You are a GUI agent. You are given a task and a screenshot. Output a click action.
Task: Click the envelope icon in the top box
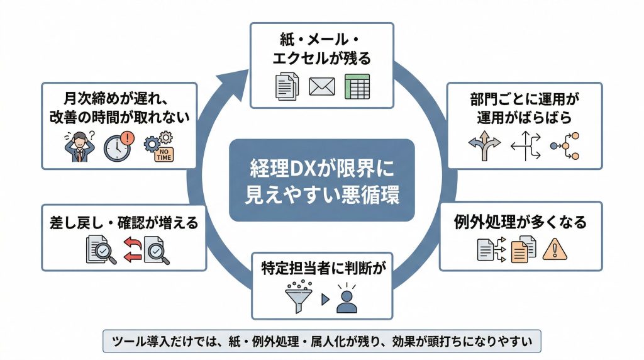point(321,87)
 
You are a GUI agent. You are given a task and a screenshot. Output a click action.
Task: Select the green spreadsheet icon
point(357,87)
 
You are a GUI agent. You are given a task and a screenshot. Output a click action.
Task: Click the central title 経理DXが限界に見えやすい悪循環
point(321,180)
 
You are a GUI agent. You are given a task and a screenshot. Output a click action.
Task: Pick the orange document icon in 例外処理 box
point(523,250)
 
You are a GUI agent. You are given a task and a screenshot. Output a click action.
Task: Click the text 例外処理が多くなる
point(520,222)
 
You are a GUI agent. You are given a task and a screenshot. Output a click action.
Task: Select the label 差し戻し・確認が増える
point(123,222)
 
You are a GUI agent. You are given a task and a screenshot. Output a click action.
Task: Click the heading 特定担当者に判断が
point(322,267)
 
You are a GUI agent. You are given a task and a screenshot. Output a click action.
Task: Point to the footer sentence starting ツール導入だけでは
point(321,341)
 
